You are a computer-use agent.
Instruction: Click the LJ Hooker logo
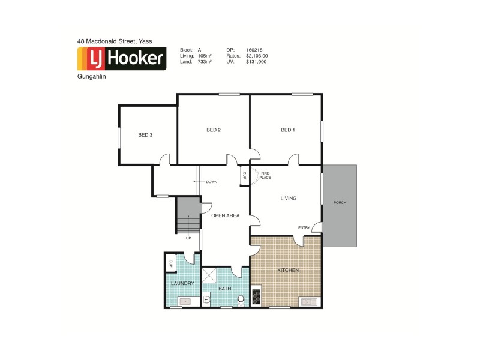pos(121,58)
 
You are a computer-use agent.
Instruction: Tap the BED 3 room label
pos(145,135)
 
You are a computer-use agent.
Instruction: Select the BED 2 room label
pos(214,130)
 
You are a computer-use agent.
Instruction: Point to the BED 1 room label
pos(288,130)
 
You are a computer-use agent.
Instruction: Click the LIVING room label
pos(289,198)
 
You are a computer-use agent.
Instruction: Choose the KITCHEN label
pos(288,271)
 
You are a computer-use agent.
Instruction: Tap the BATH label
pos(225,289)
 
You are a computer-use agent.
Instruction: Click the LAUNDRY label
pos(182,283)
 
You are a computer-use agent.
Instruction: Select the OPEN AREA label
pos(226,215)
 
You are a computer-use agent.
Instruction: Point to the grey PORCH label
pos(340,202)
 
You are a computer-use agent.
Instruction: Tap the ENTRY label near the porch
pos(305,227)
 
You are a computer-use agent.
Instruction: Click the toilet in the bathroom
pos(241,299)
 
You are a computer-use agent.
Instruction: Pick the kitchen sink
pos(311,301)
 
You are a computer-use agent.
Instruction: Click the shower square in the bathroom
pos(209,275)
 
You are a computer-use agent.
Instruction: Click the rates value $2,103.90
pos(257,56)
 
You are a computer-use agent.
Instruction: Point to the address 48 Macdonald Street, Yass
pos(115,41)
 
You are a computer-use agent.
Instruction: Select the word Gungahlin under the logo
pos(90,77)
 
